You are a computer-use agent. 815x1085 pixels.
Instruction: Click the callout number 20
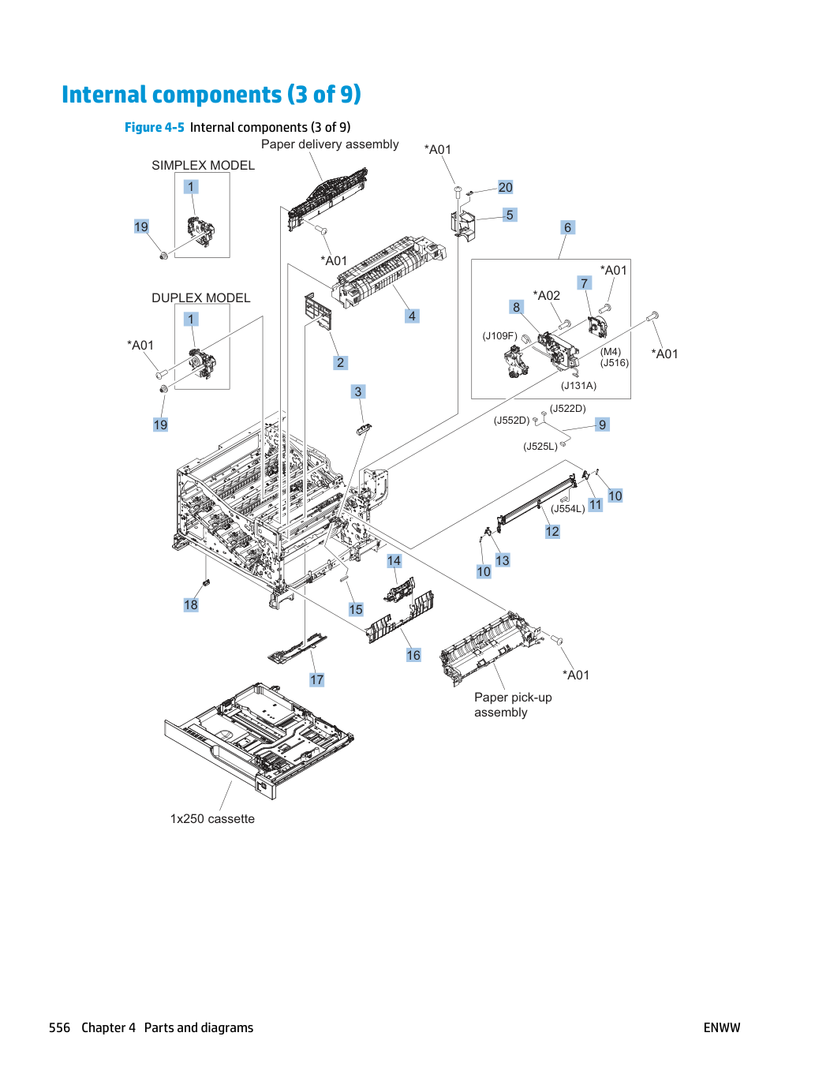(x=505, y=187)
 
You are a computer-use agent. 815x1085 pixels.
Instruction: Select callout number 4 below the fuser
(x=412, y=316)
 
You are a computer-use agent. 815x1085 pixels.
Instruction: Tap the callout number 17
(x=317, y=679)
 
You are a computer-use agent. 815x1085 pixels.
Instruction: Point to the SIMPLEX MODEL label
(x=203, y=165)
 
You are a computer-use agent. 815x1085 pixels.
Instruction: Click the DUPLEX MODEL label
(x=200, y=297)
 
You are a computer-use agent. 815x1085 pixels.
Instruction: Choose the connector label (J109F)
(x=499, y=335)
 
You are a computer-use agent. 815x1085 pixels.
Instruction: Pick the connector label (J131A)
(x=578, y=385)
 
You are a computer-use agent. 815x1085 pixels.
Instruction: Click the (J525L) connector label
(x=540, y=446)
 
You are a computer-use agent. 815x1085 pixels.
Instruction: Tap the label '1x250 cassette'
(x=212, y=818)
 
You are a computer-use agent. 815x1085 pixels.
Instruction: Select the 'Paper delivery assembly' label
(x=330, y=144)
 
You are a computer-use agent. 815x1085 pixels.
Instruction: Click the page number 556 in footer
(x=59, y=1027)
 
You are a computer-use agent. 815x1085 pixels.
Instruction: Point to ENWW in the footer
(x=722, y=1027)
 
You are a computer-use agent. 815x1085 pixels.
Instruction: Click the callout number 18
(x=191, y=604)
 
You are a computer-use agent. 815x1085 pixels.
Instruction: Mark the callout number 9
(x=602, y=425)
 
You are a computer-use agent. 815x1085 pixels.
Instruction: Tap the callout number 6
(x=567, y=227)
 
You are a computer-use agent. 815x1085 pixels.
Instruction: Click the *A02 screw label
(x=546, y=295)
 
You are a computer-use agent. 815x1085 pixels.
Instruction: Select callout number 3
(x=358, y=391)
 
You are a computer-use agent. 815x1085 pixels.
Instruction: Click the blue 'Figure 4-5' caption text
(x=154, y=127)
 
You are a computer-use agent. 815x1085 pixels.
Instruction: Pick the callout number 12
(x=552, y=531)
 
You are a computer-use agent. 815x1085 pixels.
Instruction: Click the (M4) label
(x=611, y=351)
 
